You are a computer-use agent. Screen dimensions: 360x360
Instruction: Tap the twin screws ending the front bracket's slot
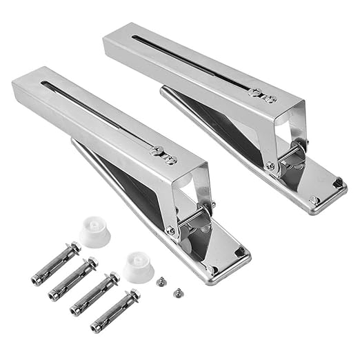[165, 155]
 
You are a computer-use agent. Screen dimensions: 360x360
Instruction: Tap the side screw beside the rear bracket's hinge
[270, 166]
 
